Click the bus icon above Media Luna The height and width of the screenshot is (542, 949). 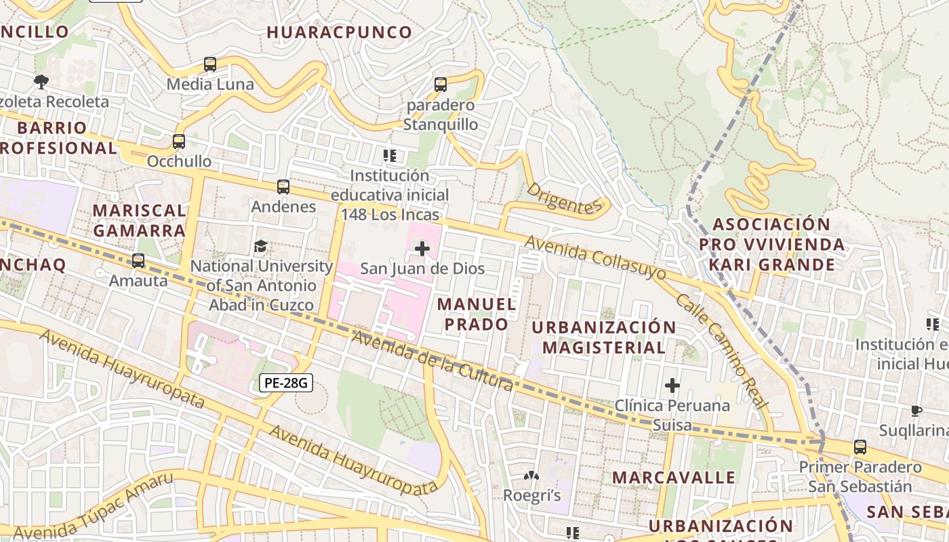[210, 65]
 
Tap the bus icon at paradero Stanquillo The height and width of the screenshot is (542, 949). [441, 85]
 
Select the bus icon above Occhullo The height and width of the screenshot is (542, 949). [179, 142]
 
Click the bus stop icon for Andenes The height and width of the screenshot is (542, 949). [283, 187]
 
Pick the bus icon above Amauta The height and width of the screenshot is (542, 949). [138, 261]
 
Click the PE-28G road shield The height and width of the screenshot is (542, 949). [285, 383]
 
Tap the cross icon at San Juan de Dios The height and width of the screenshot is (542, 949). [422, 249]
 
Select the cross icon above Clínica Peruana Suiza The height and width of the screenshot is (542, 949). [672, 386]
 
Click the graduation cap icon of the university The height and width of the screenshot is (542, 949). [260, 246]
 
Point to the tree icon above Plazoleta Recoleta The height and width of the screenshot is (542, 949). [41, 82]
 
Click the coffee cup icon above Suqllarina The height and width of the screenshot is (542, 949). [916, 411]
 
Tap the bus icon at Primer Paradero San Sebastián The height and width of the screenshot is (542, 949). [860, 447]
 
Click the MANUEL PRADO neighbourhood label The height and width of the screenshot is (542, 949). [477, 314]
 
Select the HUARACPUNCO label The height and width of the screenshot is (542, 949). [339, 32]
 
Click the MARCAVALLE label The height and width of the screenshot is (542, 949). [674, 477]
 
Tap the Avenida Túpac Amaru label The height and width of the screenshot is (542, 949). [93, 506]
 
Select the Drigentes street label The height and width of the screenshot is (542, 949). [563, 198]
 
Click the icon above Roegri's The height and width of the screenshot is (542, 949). [531, 476]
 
